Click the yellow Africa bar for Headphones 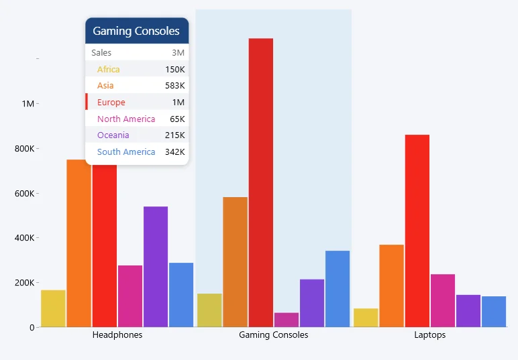tap(53, 308)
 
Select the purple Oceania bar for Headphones tap(156, 267)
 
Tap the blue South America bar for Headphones tap(181, 295)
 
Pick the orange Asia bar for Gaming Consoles tap(236, 262)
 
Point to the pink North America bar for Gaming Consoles tap(287, 320)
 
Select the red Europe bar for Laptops tap(417, 231)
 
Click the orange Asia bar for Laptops tap(391, 286)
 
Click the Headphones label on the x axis tap(117, 335)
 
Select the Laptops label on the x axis tap(429, 335)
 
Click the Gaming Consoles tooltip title tap(136, 31)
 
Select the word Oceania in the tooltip tap(113, 135)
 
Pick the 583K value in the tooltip tap(174, 86)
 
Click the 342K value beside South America tap(174, 152)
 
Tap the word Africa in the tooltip tap(109, 70)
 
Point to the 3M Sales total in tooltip tap(178, 53)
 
